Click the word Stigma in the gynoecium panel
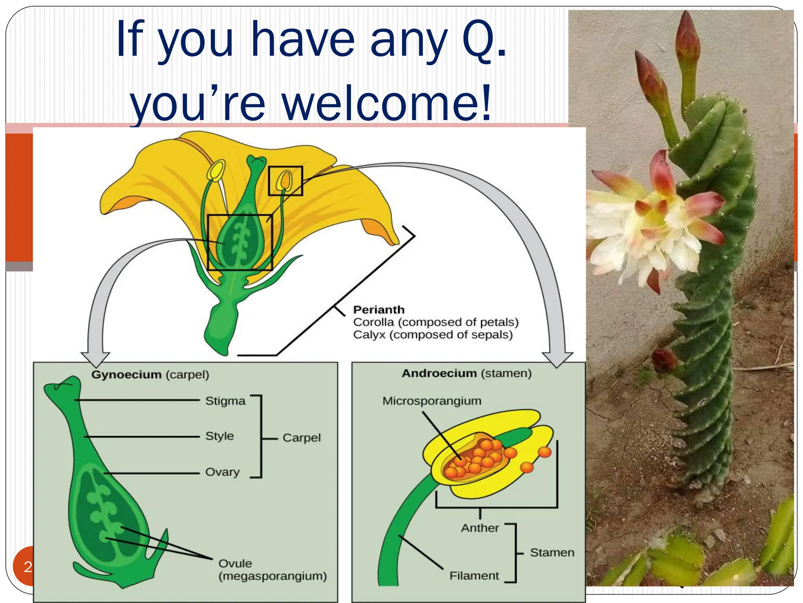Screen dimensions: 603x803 point(225,401)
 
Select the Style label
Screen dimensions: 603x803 point(219,436)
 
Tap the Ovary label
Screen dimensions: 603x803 point(222,472)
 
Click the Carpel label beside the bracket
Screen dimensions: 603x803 point(301,438)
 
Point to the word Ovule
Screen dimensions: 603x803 point(235,563)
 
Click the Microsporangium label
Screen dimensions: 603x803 point(431,401)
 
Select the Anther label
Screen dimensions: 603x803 point(480,528)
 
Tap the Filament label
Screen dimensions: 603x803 point(474,576)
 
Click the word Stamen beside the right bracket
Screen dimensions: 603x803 point(552,553)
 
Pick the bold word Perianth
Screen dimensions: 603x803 point(378,310)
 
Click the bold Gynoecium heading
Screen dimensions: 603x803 point(126,375)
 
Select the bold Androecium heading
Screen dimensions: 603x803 point(439,373)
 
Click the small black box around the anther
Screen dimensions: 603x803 point(285,181)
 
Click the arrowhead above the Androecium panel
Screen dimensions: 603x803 point(557,359)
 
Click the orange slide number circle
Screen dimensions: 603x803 point(24,566)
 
